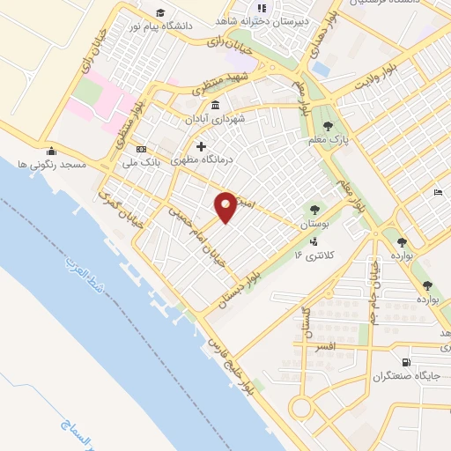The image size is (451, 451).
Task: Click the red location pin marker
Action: pyautogui.click(x=226, y=206)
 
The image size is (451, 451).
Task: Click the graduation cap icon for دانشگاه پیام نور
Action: pyautogui.click(x=160, y=11)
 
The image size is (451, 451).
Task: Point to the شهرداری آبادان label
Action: pyautogui.click(x=214, y=118)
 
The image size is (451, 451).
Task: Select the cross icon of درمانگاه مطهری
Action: pyautogui.click(x=202, y=146)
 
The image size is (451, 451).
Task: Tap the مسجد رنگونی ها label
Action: pyautogui.click(x=52, y=164)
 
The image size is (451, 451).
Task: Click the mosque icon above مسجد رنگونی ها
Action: pyautogui.click(x=52, y=150)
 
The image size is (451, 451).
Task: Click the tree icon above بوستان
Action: pyautogui.click(x=314, y=210)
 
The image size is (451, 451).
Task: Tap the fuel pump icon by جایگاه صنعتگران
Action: pyautogui.click(x=405, y=362)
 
